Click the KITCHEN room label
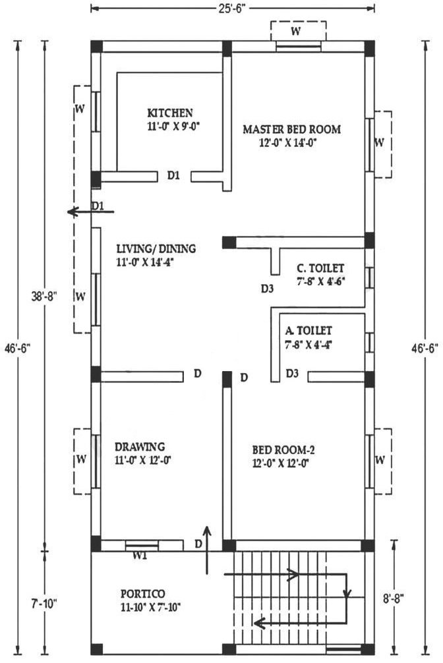(x=170, y=113)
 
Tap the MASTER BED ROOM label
(x=291, y=129)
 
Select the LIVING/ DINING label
(x=156, y=248)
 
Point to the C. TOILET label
(x=320, y=268)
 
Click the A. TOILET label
(x=309, y=330)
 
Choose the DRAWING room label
(x=140, y=447)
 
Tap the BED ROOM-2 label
(x=283, y=449)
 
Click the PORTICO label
(x=143, y=594)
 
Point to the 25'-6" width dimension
(x=232, y=9)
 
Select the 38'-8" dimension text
(x=44, y=297)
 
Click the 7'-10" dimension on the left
(x=44, y=604)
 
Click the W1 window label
(x=140, y=556)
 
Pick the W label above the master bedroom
(x=296, y=31)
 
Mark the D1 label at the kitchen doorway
(x=173, y=175)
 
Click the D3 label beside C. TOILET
(x=267, y=289)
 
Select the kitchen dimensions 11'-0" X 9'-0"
(x=173, y=127)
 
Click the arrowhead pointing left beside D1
(x=73, y=212)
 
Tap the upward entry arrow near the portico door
(x=207, y=550)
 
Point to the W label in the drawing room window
(x=82, y=459)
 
